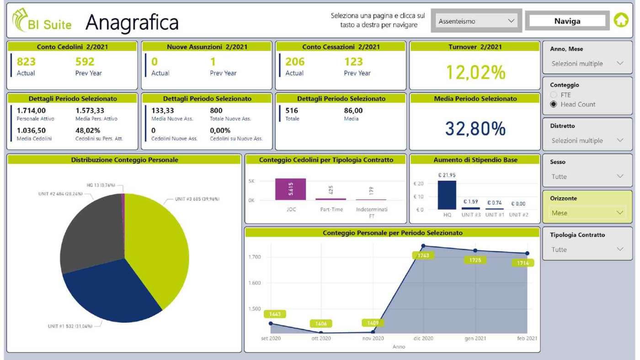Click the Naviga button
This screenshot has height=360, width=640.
click(x=567, y=21)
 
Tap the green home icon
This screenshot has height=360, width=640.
click(x=621, y=21)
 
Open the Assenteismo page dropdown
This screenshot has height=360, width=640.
click(x=476, y=21)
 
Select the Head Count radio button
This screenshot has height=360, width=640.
click(x=554, y=104)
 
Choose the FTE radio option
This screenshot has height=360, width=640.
click(x=554, y=95)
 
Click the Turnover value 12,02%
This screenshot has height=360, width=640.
click(x=475, y=72)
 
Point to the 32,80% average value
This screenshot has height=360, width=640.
click(x=475, y=129)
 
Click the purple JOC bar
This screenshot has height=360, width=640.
click(x=290, y=189)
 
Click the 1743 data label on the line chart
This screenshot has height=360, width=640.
click(x=423, y=256)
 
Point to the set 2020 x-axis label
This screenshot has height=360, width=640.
click(x=271, y=339)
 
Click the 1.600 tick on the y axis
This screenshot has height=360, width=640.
click(x=254, y=283)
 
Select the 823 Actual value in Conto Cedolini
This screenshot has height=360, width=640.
click(x=26, y=62)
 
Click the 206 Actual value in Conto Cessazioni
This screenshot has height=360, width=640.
click(x=295, y=62)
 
